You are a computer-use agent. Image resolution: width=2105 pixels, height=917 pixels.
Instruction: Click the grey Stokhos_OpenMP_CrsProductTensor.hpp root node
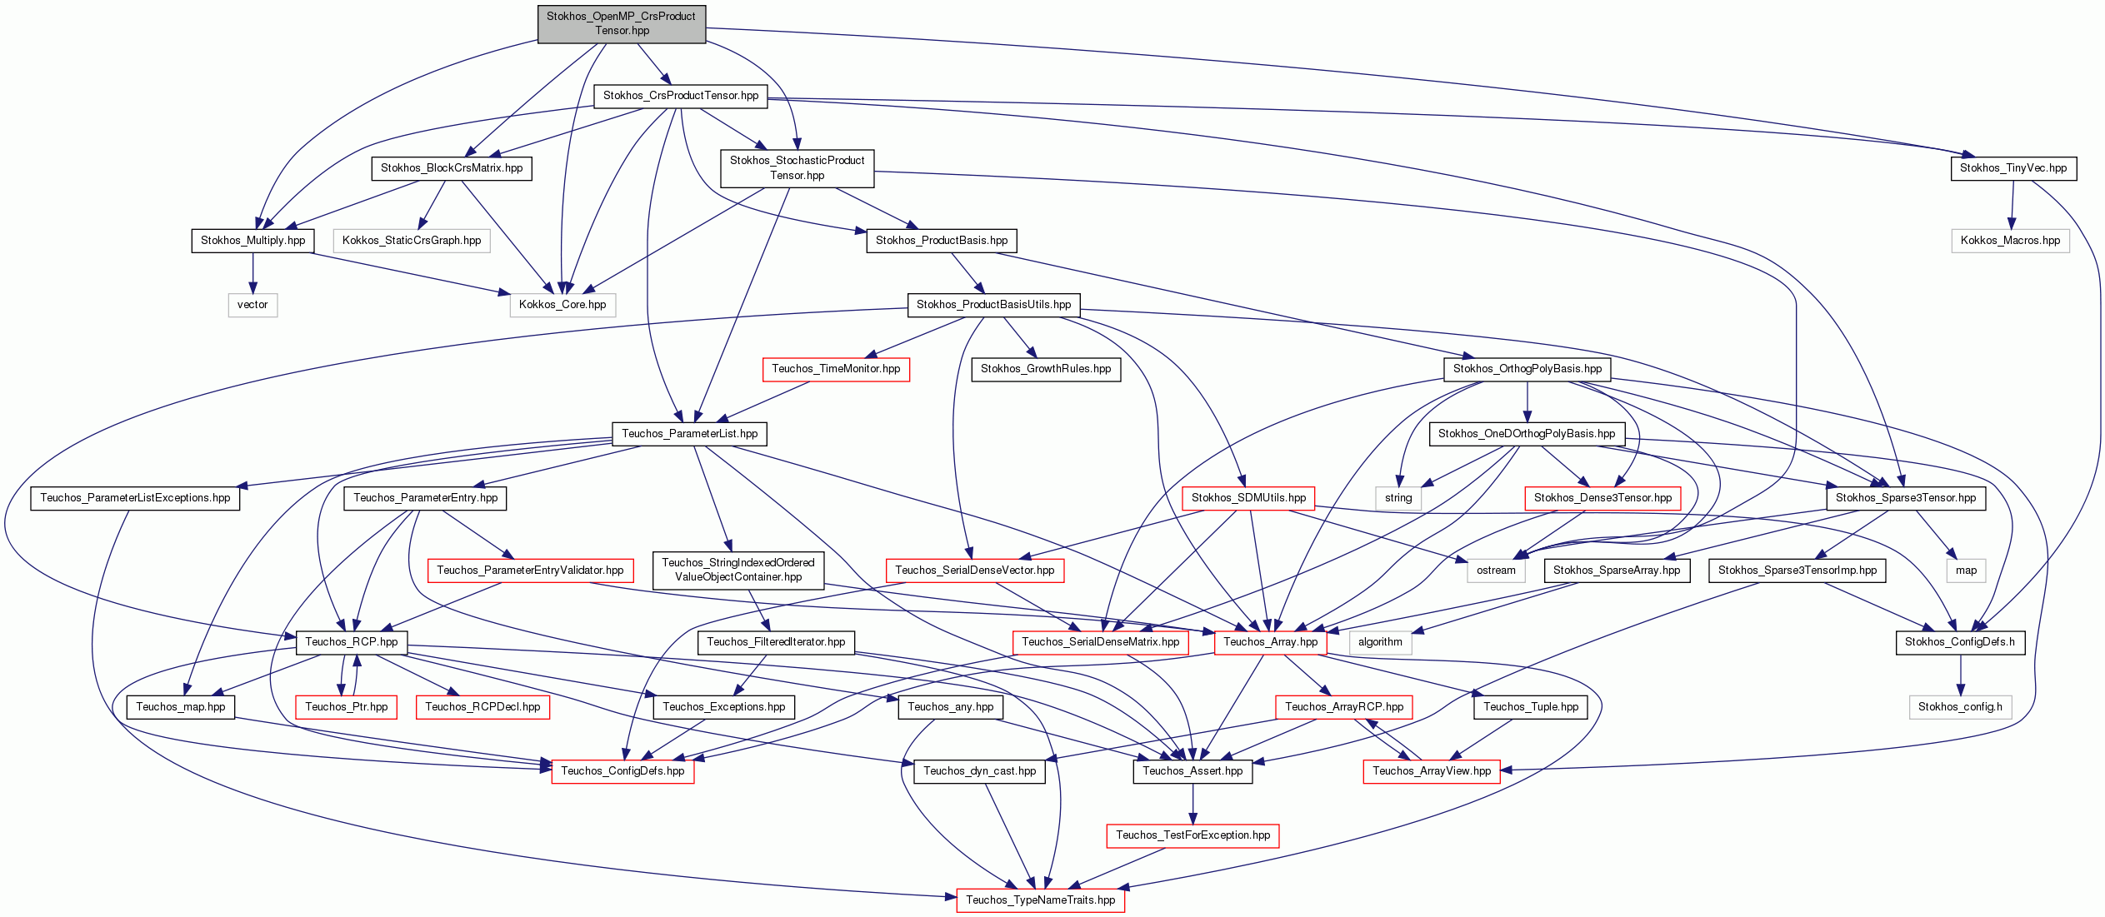pyautogui.click(x=622, y=23)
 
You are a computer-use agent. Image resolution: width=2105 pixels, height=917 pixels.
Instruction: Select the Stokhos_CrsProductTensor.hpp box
pyautogui.click(x=681, y=96)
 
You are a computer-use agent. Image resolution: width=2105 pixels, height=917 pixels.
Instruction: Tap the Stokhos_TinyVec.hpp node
pyautogui.click(x=2013, y=168)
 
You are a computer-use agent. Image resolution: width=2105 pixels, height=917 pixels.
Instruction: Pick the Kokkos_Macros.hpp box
pyautogui.click(x=2010, y=241)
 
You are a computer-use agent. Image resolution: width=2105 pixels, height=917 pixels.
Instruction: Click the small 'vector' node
pyautogui.click(x=252, y=305)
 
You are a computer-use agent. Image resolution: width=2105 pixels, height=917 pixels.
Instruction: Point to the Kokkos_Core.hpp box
pyautogui.click(x=562, y=305)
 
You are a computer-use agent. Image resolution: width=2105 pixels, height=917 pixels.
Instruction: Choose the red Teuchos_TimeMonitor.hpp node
pyautogui.click(x=836, y=369)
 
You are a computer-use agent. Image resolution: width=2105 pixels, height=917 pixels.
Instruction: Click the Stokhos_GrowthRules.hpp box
pyautogui.click(x=1046, y=369)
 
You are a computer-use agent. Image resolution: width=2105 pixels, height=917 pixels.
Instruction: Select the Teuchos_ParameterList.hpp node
pyautogui.click(x=690, y=434)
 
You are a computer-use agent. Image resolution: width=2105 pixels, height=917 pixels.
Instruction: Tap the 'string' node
pyautogui.click(x=1398, y=498)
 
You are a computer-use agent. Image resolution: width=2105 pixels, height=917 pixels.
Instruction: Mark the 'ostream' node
pyautogui.click(x=1496, y=571)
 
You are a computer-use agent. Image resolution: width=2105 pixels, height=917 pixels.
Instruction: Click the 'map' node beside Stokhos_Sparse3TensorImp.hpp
pyautogui.click(x=1966, y=571)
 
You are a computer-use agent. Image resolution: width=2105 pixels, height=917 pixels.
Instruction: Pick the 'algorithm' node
pyautogui.click(x=1380, y=642)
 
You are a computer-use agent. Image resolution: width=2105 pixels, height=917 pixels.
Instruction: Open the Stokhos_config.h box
pyautogui.click(x=1960, y=707)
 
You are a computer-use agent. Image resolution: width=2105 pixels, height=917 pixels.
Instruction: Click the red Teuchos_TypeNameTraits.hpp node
pyautogui.click(x=1040, y=900)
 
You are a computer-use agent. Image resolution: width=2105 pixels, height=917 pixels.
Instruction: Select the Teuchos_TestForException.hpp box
pyautogui.click(x=1192, y=835)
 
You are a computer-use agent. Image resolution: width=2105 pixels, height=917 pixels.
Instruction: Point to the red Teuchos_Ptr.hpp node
pyautogui.click(x=347, y=707)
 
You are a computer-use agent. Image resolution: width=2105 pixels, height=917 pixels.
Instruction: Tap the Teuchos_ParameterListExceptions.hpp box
pyautogui.click(x=135, y=498)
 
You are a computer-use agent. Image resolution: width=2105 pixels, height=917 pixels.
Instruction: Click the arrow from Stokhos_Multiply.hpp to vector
pyautogui.click(x=253, y=272)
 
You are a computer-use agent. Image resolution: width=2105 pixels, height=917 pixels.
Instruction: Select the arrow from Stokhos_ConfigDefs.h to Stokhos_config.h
pyautogui.click(x=1960, y=675)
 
